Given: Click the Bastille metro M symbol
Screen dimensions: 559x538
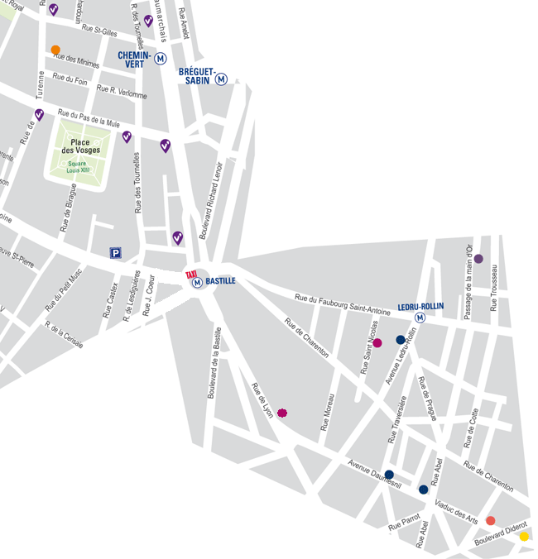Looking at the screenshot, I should coord(198,283).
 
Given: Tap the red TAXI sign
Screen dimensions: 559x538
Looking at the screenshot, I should coord(191,274).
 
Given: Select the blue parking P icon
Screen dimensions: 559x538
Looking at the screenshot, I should coord(116,254).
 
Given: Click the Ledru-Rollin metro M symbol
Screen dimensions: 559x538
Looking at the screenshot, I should coord(420,318).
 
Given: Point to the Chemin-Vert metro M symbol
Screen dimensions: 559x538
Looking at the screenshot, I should coord(161,59).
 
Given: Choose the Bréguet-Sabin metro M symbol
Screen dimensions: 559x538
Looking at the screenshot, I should coord(221,79).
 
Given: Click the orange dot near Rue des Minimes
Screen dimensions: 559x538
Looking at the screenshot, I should coord(55,50).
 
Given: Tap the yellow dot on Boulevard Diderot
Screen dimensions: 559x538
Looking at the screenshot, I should coord(523,536).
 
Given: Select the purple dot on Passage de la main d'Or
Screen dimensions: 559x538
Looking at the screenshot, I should coord(478,259).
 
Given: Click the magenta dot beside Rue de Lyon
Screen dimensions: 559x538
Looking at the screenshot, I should coord(282,413).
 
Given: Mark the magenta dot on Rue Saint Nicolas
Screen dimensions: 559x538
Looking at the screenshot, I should coord(377,342).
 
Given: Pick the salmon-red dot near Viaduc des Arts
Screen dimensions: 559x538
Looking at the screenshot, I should coord(490,520).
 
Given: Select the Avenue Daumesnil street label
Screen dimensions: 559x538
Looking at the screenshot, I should coord(374,475).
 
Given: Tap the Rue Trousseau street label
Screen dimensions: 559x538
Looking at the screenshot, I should coord(495,287).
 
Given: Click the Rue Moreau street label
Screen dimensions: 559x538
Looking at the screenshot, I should coord(328,411).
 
